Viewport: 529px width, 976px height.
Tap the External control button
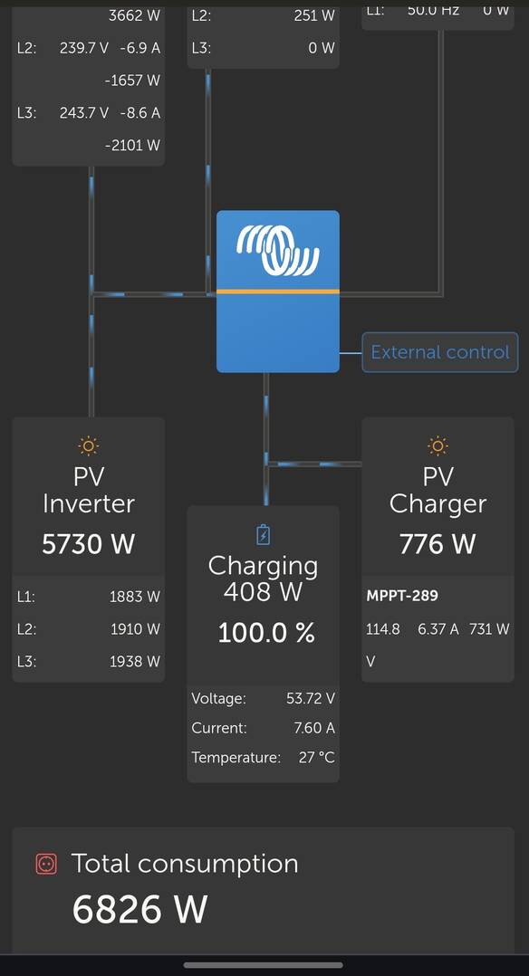440,352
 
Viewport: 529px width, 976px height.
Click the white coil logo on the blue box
278,250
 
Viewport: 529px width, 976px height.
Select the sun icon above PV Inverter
89,445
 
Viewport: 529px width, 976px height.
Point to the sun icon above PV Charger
438,445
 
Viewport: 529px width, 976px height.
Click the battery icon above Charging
264,535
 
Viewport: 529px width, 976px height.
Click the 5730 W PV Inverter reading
89,544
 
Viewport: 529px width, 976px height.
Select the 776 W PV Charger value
438,544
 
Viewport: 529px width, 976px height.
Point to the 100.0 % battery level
266,634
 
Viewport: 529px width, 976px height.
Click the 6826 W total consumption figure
139,909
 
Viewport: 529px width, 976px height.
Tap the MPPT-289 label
402,596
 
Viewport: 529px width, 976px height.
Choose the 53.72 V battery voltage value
311,698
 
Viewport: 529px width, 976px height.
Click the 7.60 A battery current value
314,728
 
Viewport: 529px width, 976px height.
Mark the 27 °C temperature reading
316,758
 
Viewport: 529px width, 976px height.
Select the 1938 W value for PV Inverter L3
135,662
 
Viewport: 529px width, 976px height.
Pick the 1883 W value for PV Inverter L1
135,597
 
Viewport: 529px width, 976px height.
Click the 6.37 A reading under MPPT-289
438,629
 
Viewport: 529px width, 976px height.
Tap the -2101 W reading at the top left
133,146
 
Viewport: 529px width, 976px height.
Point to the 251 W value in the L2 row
314,15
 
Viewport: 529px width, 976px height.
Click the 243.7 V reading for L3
84,113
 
